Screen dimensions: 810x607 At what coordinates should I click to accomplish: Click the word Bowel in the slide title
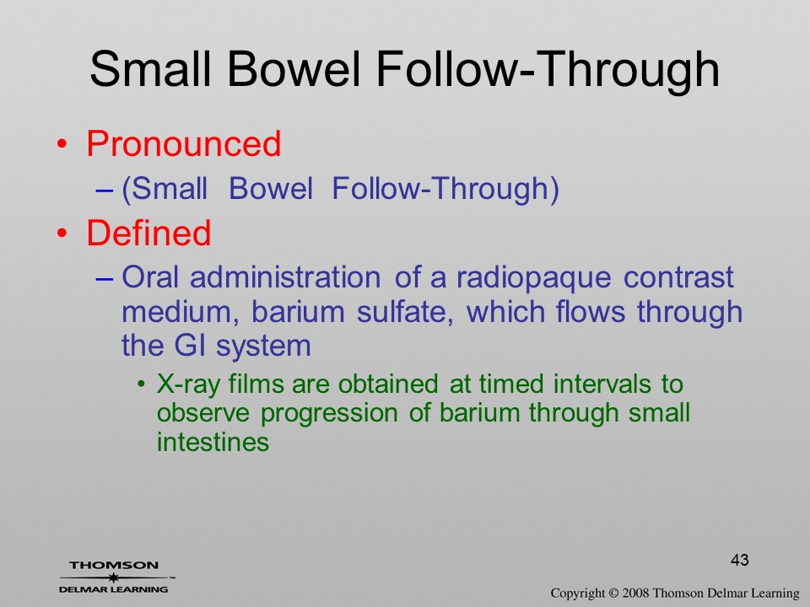pos(293,69)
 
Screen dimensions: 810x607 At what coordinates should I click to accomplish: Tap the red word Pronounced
pos(184,143)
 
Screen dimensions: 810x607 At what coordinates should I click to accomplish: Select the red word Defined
pos(148,233)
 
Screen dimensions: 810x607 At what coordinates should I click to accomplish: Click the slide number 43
pos(740,560)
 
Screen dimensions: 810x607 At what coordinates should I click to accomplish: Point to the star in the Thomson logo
pos(113,577)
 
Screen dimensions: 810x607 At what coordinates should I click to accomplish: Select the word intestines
pos(213,443)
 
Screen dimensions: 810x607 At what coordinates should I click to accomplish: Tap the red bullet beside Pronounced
pos(62,144)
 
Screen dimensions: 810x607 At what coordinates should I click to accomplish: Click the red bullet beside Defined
pos(62,234)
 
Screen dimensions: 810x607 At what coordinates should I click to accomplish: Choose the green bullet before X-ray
pos(141,385)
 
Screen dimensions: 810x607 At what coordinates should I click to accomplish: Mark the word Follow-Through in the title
pos(548,69)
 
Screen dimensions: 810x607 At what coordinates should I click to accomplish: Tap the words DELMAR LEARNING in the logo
pos(113,589)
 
